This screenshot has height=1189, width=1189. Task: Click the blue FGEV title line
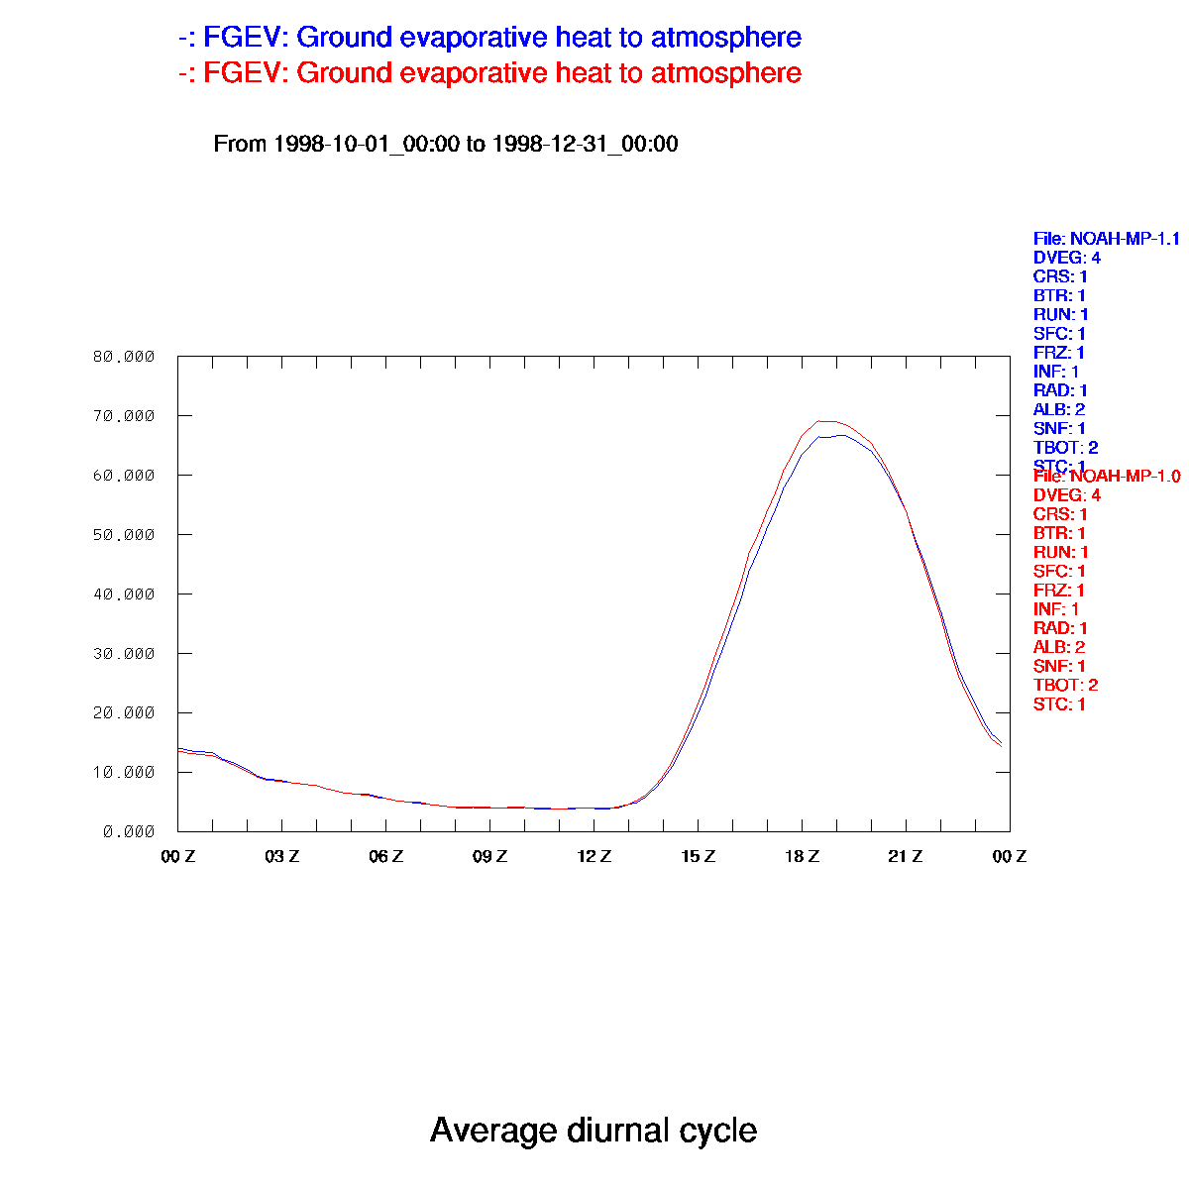click(x=489, y=39)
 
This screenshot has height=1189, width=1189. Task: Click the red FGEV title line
click(x=489, y=73)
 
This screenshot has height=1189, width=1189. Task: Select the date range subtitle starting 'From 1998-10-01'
click(x=446, y=145)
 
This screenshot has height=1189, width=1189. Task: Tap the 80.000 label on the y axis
click(x=124, y=357)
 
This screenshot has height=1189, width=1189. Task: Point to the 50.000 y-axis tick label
click(x=124, y=535)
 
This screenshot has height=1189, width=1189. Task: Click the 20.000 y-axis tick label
click(x=124, y=713)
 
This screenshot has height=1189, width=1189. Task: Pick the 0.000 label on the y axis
click(x=128, y=832)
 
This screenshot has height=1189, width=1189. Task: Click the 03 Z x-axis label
click(x=282, y=856)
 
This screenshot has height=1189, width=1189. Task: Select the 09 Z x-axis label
click(x=490, y=856)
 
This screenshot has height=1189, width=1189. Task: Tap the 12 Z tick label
click(x=594, y=856)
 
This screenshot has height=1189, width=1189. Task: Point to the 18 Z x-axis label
click(x=803, y=856)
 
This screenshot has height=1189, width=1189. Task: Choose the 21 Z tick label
click(x=906, y=856)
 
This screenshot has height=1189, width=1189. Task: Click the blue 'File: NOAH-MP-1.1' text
click(x=1106, y=239)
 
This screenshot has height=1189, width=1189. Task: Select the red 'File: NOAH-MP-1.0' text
click(x=1106, y=477)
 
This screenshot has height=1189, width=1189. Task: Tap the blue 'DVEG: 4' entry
click(x=1066, y=258)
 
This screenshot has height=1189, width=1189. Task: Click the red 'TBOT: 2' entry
click(x=1065, y=685)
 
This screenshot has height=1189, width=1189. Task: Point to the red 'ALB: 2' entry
click(x=1058, y=647)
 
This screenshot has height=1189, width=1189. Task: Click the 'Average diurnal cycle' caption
click(x=594, y=1130)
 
